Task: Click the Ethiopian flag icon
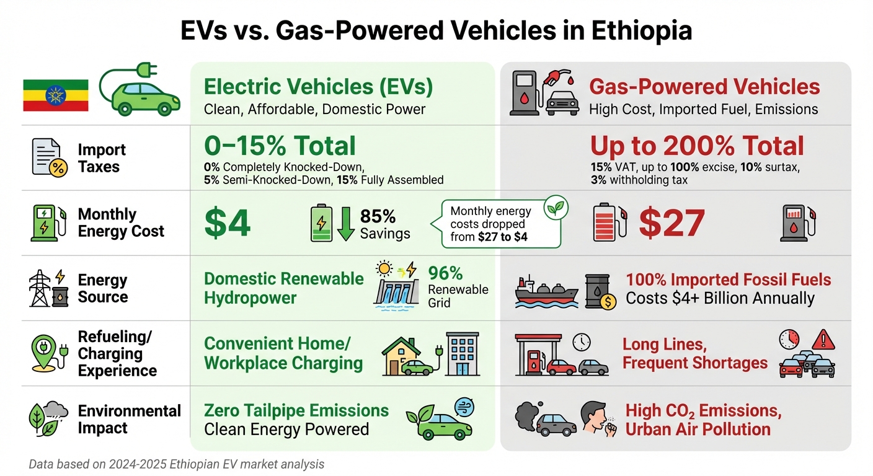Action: coord(55,95)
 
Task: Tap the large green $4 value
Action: coord(228,223)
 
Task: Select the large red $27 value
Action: coord(671,223)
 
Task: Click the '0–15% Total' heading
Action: coord(280,146)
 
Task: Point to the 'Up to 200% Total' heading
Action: coord(697,146)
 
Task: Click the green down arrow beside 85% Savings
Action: coord(345,224)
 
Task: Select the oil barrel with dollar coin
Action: coord(599,293)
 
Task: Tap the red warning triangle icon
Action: coord(823,339)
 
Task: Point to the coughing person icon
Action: coord(598,419)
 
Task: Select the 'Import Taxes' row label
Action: coord(102,158)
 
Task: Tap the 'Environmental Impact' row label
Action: coord(129,419)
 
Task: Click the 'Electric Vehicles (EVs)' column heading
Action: coord(318,86)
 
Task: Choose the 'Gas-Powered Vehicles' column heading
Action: coord(704,86)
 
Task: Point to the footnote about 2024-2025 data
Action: coord(177,464)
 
